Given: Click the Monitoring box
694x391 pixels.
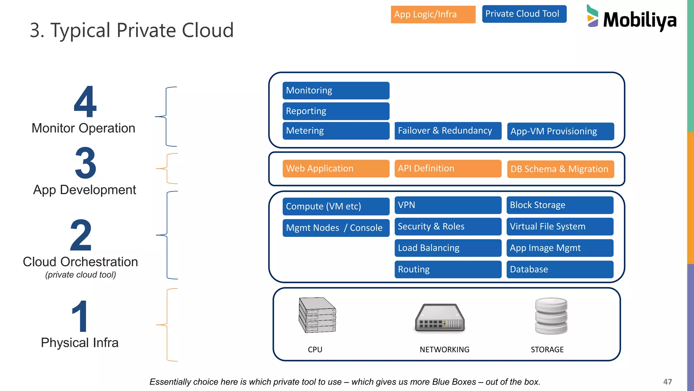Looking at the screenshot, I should point(336,91).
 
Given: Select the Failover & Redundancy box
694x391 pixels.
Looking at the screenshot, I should point(448,131).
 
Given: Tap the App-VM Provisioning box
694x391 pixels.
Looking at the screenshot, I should point(560,131).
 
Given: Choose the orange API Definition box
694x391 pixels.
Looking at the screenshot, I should point(448,169).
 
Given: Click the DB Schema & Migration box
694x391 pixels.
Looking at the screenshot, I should point(560,169).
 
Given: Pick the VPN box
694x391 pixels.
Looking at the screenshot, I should point(448,205).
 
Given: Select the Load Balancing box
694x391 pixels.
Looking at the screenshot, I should point(448,248).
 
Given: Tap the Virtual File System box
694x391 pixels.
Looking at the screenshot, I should point(560,226).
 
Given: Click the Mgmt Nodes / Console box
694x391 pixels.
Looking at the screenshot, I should point(336,228).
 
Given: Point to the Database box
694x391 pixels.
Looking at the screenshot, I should point(560,269).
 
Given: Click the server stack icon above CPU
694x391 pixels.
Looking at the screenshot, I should point(317,315).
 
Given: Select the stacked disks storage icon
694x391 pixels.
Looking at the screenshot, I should point(551,316).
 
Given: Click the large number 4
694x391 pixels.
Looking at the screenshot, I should point(85,101).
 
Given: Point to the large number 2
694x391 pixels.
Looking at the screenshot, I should point(81,235).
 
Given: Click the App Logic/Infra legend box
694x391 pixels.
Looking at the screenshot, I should point(433,15).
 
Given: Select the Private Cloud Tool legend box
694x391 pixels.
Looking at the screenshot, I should point(524,14).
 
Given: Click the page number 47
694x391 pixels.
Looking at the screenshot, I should point(667,382).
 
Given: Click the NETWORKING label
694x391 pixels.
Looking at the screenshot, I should point(444,350).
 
